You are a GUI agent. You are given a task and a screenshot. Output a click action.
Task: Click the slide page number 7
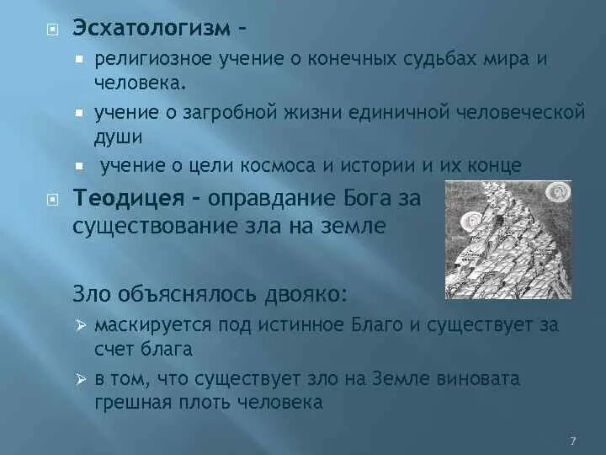point(572,442)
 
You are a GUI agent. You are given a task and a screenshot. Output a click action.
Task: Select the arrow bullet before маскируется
point(81,326)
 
